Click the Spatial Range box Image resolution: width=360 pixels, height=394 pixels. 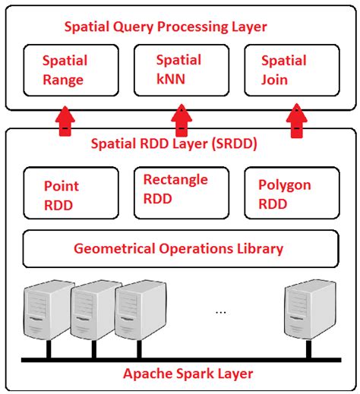tap(71, 70)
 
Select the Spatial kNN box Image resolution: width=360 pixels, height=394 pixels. tap(180, 69)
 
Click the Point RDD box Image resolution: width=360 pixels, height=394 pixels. tap(71, 194)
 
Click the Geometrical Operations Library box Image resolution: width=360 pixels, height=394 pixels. tap(180, 248)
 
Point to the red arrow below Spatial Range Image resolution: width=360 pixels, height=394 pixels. tap(67, 120)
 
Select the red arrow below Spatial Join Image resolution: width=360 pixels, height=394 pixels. tap(297, 120)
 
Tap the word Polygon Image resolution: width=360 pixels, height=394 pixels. tap(285, 185)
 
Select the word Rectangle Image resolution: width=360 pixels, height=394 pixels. tap(175, 180)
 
